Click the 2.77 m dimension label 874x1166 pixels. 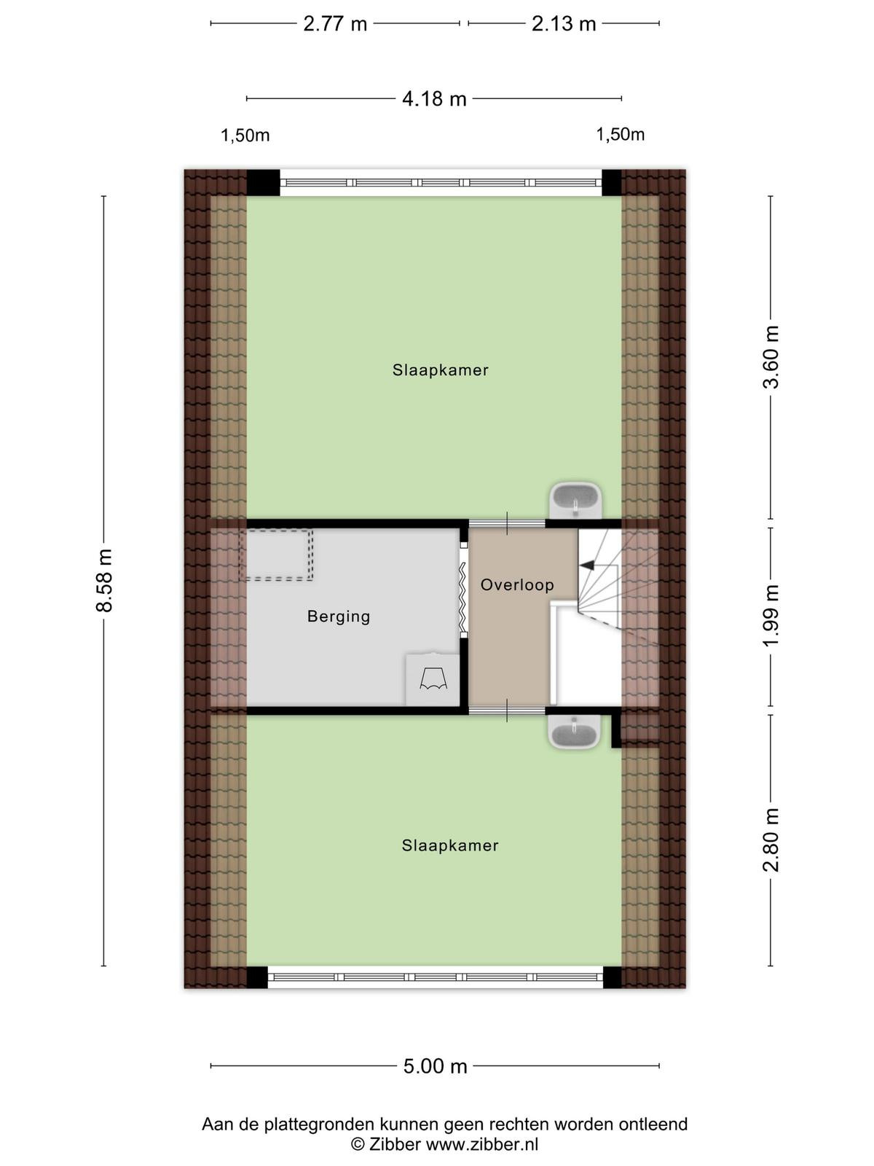(335, 24)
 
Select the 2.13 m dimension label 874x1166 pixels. (564, 24)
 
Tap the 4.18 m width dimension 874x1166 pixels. (434, 99)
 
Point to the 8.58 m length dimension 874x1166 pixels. (105, 581)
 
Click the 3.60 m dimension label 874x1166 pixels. (771, 357)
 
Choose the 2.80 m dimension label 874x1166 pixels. (771, 840)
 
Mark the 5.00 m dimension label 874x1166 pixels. (435, 1066)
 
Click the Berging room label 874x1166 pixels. (339, 617)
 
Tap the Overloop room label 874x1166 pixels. (517, 585)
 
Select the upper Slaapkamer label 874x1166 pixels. (441, 369)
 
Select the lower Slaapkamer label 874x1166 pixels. (450, 845)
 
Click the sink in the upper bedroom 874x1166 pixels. (575, 500)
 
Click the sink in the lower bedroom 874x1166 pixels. (575, 732)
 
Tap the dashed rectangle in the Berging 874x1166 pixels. (277, 555)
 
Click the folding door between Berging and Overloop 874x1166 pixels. (462, 590)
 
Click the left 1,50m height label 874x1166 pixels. (245, 136)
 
